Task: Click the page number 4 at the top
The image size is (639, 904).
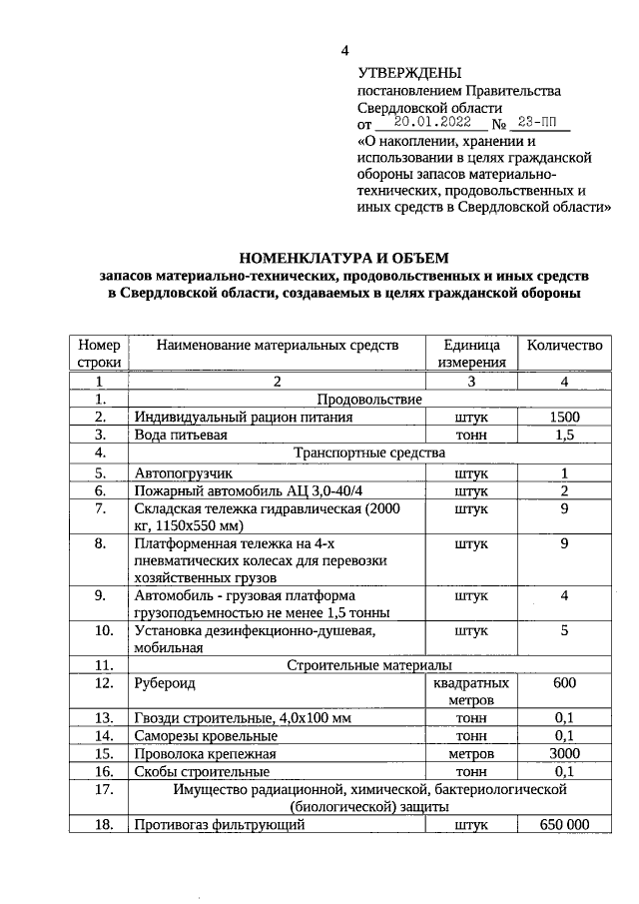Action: point(345,50)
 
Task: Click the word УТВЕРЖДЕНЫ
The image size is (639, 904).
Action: point(410,73)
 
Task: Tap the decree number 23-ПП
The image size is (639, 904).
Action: point(538,123)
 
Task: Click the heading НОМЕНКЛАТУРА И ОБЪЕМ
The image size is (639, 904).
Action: point(344,258)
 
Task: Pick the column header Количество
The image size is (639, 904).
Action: point(564,345)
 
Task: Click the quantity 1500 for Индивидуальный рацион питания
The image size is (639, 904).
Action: point(564,417)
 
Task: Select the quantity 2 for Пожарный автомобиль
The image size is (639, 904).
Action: point(564,490)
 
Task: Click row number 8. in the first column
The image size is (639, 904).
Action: point(99,544)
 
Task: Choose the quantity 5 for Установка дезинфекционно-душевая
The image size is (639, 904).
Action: point(564,630)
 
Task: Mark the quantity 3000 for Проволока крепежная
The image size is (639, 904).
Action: point(564,753)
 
